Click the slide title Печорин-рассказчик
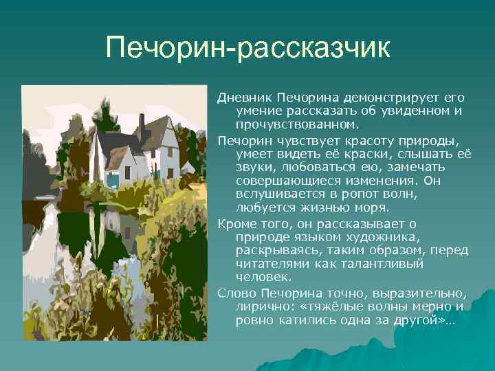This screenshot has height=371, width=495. [247, 48]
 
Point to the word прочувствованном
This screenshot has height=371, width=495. [296, 125]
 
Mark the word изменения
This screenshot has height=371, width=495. [372, 180]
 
